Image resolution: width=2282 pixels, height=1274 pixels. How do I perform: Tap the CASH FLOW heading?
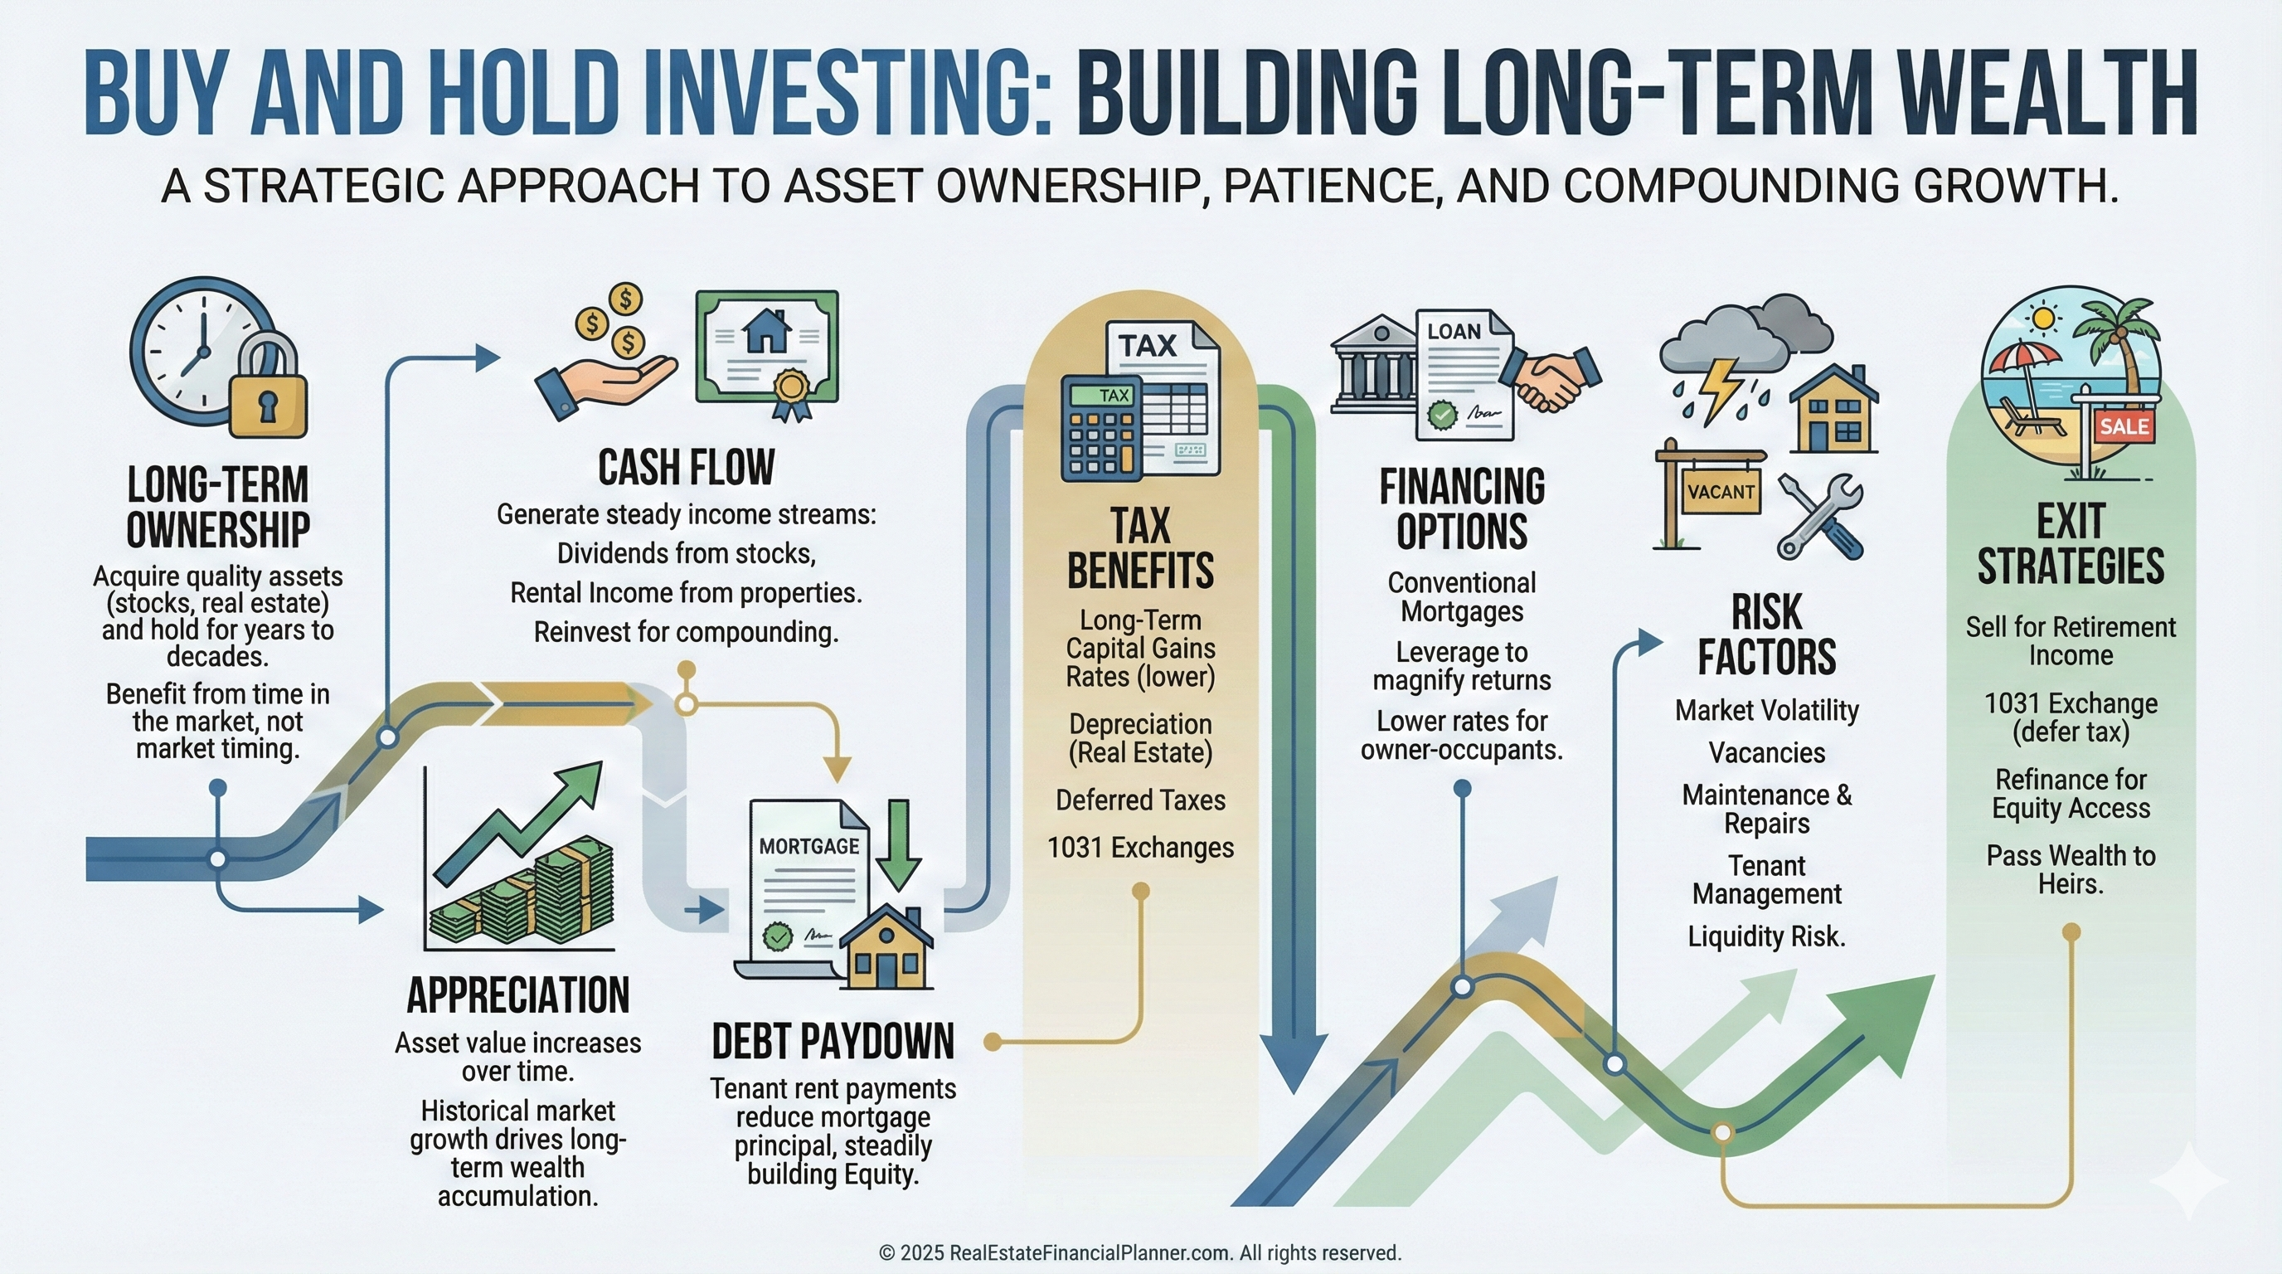[687, 468]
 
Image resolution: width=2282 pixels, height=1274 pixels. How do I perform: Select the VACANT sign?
[1721, 492]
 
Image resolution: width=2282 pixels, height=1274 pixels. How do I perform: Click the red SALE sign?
[2124, 426]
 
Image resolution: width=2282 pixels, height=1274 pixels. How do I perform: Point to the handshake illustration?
[1554, 377]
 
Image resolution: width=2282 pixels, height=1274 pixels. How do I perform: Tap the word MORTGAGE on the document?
[808, 846]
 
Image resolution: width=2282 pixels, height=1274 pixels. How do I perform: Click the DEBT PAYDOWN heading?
[833, 1041]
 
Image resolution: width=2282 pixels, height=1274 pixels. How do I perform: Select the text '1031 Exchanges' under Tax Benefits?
[1140, 848]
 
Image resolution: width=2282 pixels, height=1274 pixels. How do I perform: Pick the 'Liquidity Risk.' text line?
[1766, 936]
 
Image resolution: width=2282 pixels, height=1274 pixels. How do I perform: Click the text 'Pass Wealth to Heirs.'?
[2071, 870]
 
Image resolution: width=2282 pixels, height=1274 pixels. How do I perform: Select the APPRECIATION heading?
[518, 995]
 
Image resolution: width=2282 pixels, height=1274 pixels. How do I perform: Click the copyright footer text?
[1140, 1252]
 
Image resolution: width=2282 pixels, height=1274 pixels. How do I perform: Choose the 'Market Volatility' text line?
[1766, 711]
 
